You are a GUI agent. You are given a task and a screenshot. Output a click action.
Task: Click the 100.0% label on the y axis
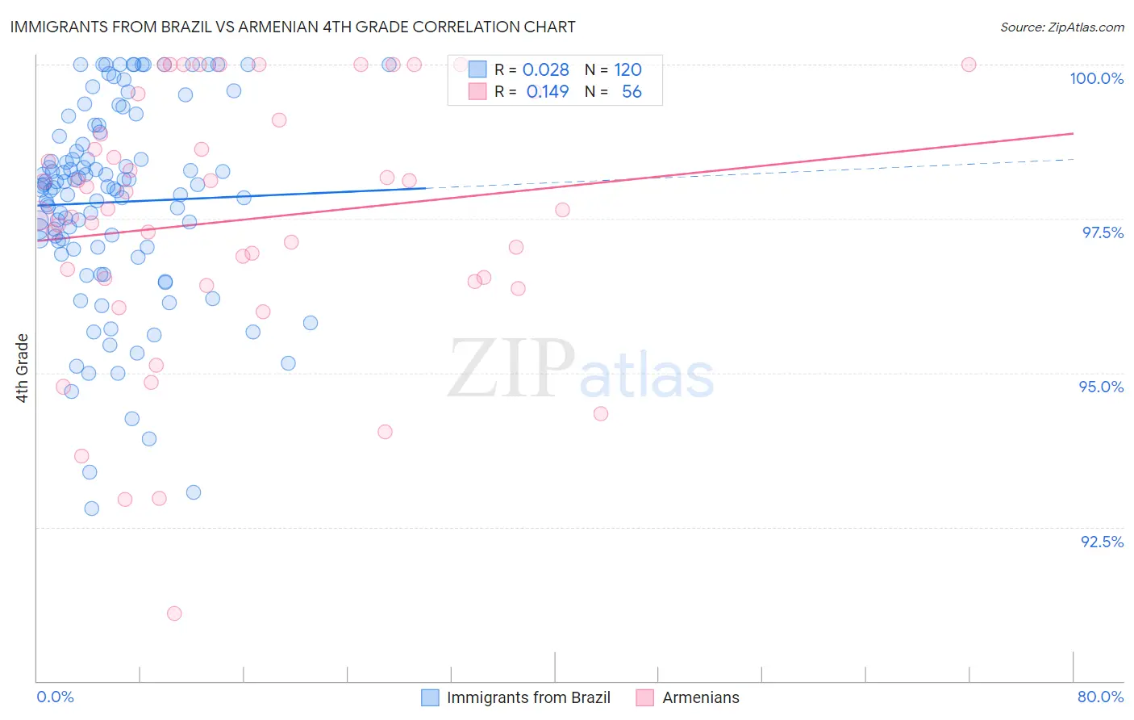coord(1096,78)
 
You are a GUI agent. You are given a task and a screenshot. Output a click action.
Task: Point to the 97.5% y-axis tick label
coord(1102,232)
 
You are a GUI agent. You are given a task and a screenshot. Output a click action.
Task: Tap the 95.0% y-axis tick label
coord(1101,387)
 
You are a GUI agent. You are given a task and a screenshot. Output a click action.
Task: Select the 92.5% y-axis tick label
coord(1102,542)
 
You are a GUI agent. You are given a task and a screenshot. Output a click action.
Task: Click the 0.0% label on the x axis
coord(55,697)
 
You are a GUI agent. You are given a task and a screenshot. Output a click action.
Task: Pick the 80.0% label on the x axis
coord(1100,697)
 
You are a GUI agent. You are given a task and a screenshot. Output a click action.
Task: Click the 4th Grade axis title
coord(23,368)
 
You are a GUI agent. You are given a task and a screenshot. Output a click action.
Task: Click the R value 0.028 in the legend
coord(546,70)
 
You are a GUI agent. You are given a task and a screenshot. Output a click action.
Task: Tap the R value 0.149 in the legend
coord(548,92)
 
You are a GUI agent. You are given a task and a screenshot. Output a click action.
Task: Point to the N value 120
coord(627,70)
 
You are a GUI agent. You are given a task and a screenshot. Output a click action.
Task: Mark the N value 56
coord(632,92)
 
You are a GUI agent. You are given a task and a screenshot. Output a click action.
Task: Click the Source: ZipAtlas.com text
coord(1061,27)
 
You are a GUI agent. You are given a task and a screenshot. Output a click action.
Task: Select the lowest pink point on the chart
coord(174,613)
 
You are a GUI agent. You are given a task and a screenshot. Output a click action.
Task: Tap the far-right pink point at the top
coord(969,65)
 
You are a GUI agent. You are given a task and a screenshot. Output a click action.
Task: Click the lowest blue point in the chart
coord(92,509)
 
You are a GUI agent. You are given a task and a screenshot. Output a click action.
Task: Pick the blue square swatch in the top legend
coord(477,69)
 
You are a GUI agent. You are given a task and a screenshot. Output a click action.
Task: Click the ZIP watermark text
coord(511,370)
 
